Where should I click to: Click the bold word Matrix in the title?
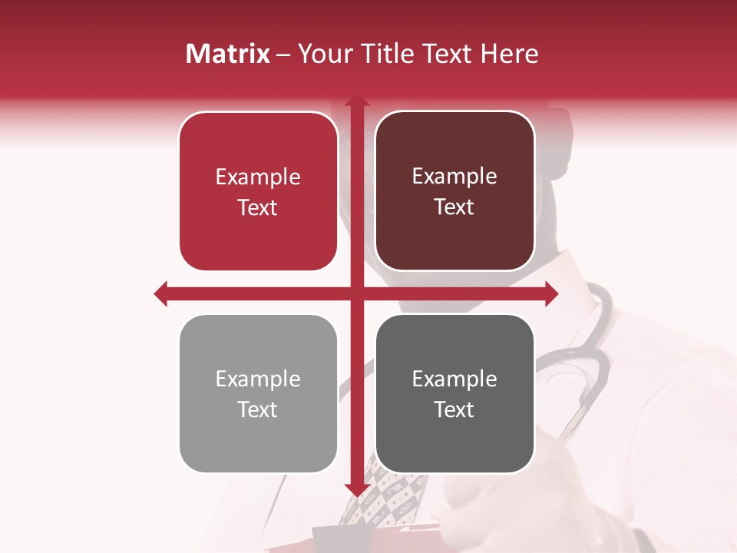[x=227, y=54]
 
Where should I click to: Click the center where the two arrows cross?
[x=356, y=293]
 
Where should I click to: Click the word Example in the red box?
[x=258, y=177]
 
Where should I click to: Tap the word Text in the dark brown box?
[x=454, y=207]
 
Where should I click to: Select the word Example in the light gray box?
[x=258, y=379]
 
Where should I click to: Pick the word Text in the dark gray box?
[x=454, y=410]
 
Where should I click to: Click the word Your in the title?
[x=322, y=54]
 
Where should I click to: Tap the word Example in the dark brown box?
[x=454, y=177]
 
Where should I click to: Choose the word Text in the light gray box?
[x=258, y=410]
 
